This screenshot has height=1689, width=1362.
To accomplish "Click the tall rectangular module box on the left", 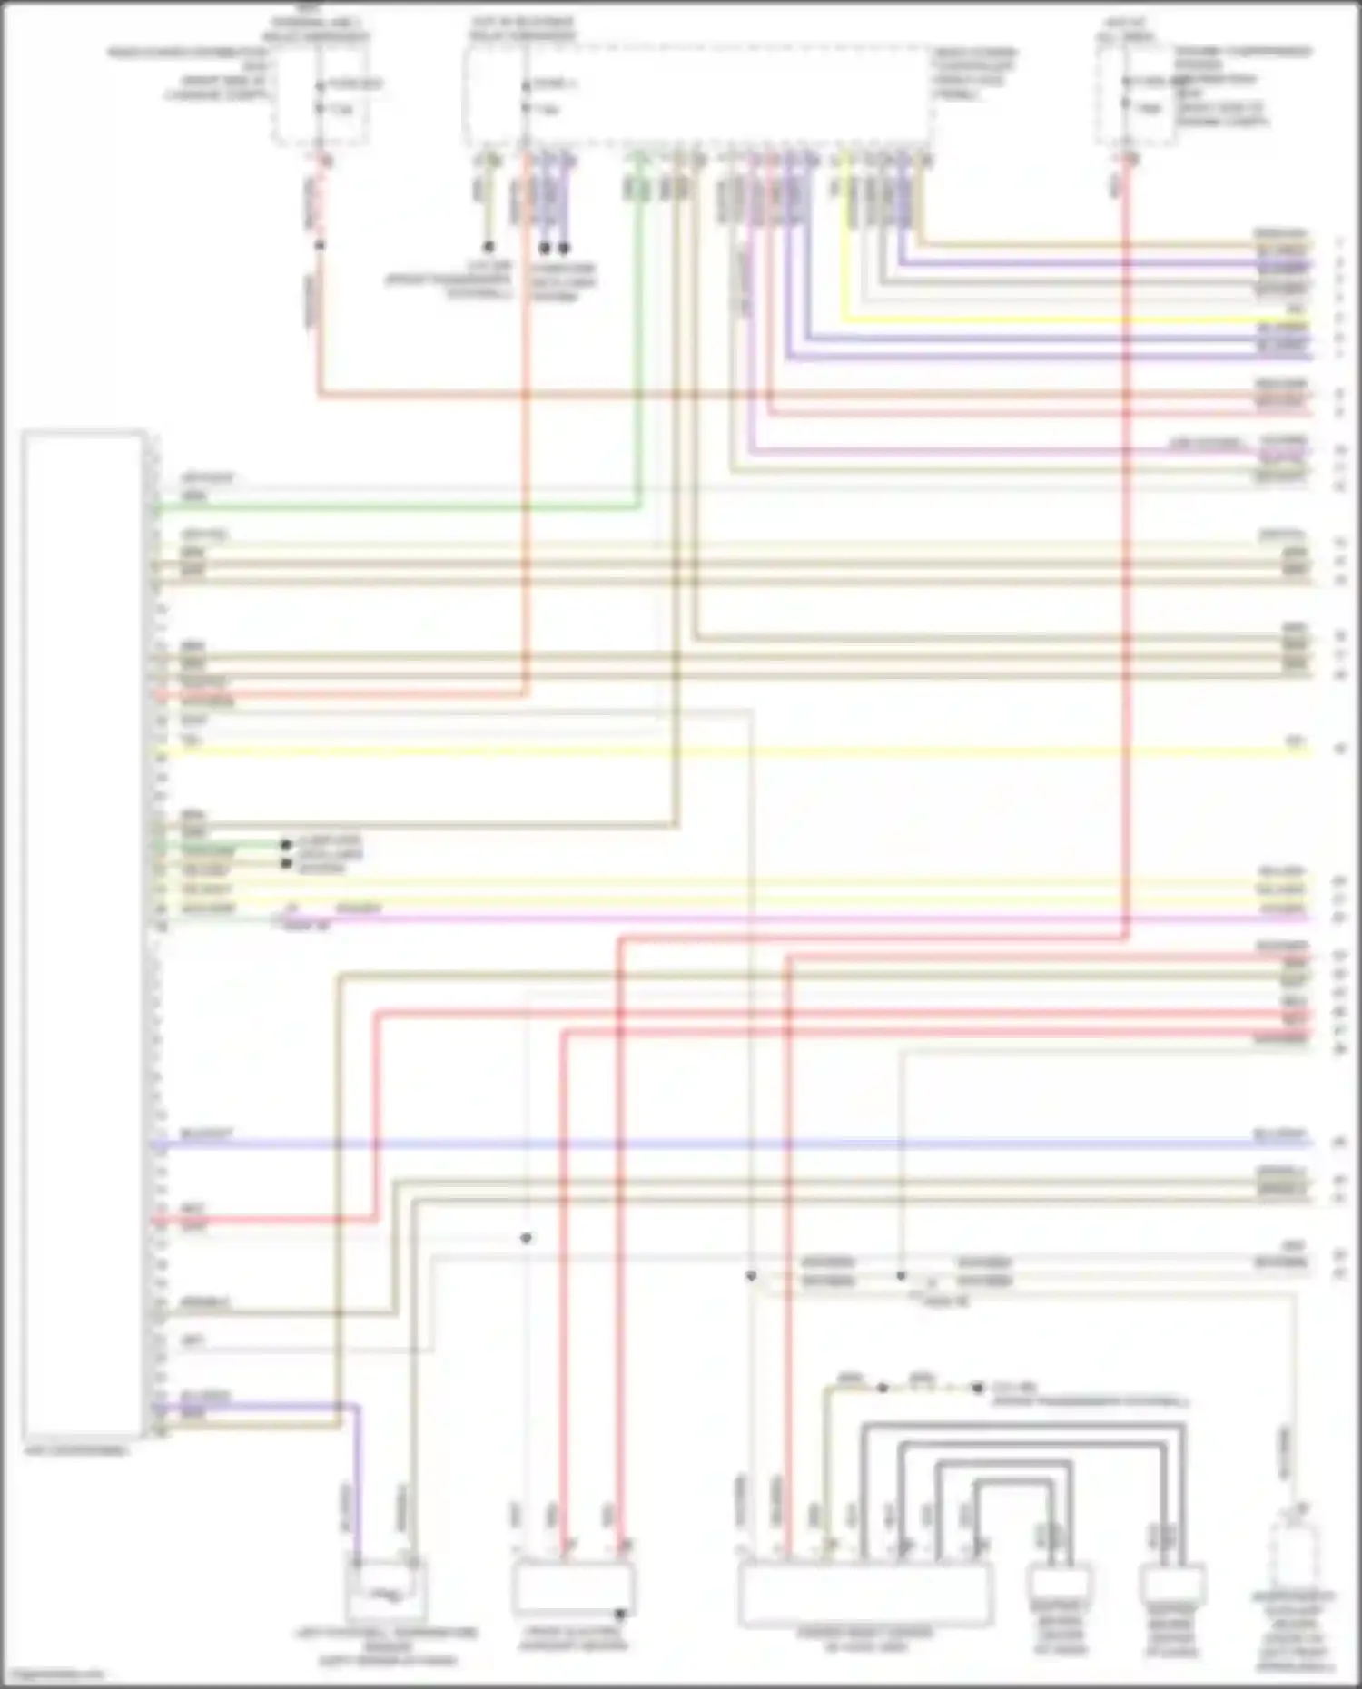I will point(84,935).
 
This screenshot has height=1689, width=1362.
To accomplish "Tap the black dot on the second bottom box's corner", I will point(621,1615).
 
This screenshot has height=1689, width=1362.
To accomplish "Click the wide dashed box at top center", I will point(697,95).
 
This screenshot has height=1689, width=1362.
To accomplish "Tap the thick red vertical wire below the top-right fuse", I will point(1126,545).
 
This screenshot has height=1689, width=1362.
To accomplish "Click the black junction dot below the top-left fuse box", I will point(320,245).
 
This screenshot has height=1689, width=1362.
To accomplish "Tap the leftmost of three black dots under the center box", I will point(489,247).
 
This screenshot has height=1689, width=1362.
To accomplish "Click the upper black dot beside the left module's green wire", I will point(286,844).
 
